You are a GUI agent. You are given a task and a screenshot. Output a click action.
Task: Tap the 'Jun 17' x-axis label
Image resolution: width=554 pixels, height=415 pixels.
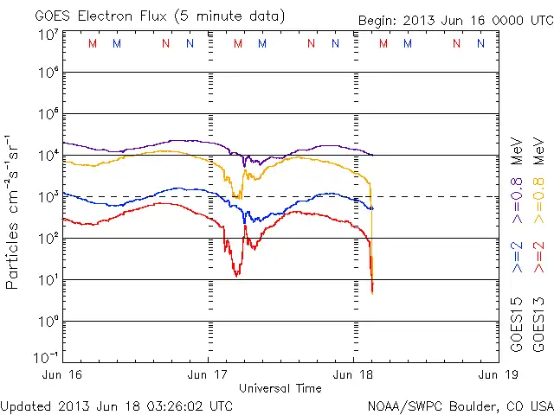(x=209, y=374)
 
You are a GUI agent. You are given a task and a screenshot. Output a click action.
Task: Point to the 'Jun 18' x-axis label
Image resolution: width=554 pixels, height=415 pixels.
(x=354, y=374)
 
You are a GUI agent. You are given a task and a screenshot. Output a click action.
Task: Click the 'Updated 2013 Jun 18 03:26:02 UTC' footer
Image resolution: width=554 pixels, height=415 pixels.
(x=117, y=405)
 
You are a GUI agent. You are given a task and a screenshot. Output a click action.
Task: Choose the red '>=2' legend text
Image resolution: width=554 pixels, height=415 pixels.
(x=538, y=257)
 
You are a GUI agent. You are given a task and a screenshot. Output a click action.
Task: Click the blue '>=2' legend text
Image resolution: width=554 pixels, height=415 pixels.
(x=518, y=257)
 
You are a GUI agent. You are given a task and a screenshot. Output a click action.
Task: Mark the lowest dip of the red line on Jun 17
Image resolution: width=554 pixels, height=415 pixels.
(x=236, y=274)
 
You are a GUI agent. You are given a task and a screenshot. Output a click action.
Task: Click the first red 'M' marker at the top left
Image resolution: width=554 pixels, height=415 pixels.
(x=93, y=43)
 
